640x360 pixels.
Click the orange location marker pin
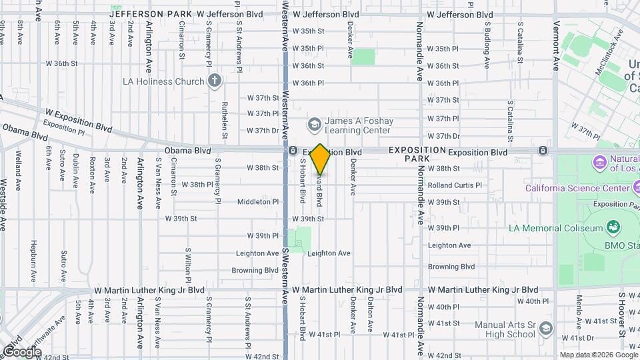click(x=321, y=159)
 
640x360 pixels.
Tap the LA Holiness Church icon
click(x=214, y=81)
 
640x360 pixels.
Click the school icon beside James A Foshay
click(x=313, y=125)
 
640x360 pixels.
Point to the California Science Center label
click(x=577, y=187)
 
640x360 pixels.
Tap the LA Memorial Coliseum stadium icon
click(x=612, y=228)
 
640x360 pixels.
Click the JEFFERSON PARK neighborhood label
click(x=151, y=14)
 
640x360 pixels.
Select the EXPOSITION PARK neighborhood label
click(x=417, y=155)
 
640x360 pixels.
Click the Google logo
click(x=21, y=351)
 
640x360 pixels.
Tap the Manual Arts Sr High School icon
click(x=546, y=329)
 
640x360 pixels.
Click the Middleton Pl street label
click(x=258, y=201)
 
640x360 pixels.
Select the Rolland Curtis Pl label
click(x=454, y=185)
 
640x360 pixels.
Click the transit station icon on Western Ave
click(x=293, y=151)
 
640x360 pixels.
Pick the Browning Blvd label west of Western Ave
click(x=255, y=271)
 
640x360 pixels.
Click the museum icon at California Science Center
click(x=599, y=162)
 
